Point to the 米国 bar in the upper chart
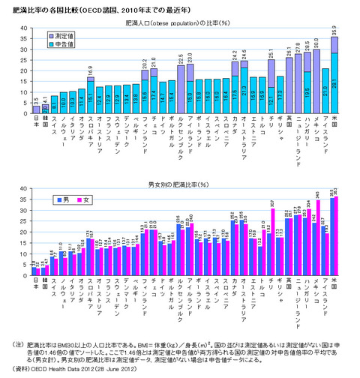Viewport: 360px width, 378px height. tap(334, 76)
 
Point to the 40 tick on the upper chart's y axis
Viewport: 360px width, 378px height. tap(24, 28)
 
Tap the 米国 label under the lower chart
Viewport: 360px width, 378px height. tap(334, 289)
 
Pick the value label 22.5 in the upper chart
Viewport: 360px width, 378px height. tap(180, 57)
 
